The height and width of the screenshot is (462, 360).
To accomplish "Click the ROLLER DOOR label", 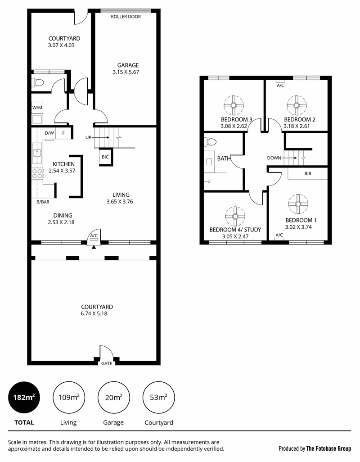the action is [126, 17].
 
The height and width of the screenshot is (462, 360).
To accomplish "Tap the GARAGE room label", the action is [128, 65].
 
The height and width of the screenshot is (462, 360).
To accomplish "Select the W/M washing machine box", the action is [37, 108].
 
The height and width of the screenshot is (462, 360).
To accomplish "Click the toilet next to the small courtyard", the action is [37, 82].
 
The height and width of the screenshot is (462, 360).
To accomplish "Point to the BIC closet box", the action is [105, 157].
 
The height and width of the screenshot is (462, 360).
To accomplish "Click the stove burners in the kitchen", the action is [37, 173].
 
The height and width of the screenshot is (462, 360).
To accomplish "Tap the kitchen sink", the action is [37, 153].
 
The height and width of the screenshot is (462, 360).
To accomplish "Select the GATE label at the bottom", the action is [107, 363].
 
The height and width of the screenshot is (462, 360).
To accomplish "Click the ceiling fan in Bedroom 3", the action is [234, 105].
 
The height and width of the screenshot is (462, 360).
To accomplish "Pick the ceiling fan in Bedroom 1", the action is [298, 204].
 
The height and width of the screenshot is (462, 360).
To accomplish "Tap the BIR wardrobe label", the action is [308, 173].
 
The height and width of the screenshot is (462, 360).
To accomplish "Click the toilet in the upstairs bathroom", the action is [210, 142].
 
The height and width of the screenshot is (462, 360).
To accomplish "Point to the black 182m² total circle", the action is [24, 398].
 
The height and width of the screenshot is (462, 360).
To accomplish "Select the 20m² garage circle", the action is [113, 398].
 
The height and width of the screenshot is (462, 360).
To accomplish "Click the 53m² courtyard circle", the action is [159, 398].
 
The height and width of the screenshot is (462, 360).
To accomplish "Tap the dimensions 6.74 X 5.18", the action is [94, 313].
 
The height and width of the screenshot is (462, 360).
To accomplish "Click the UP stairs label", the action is [88, 138].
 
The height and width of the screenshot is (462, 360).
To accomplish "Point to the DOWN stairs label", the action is [274, 158].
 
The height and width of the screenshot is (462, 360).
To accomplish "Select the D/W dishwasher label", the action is [49, 133].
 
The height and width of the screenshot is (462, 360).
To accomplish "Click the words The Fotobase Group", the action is [328, 449].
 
